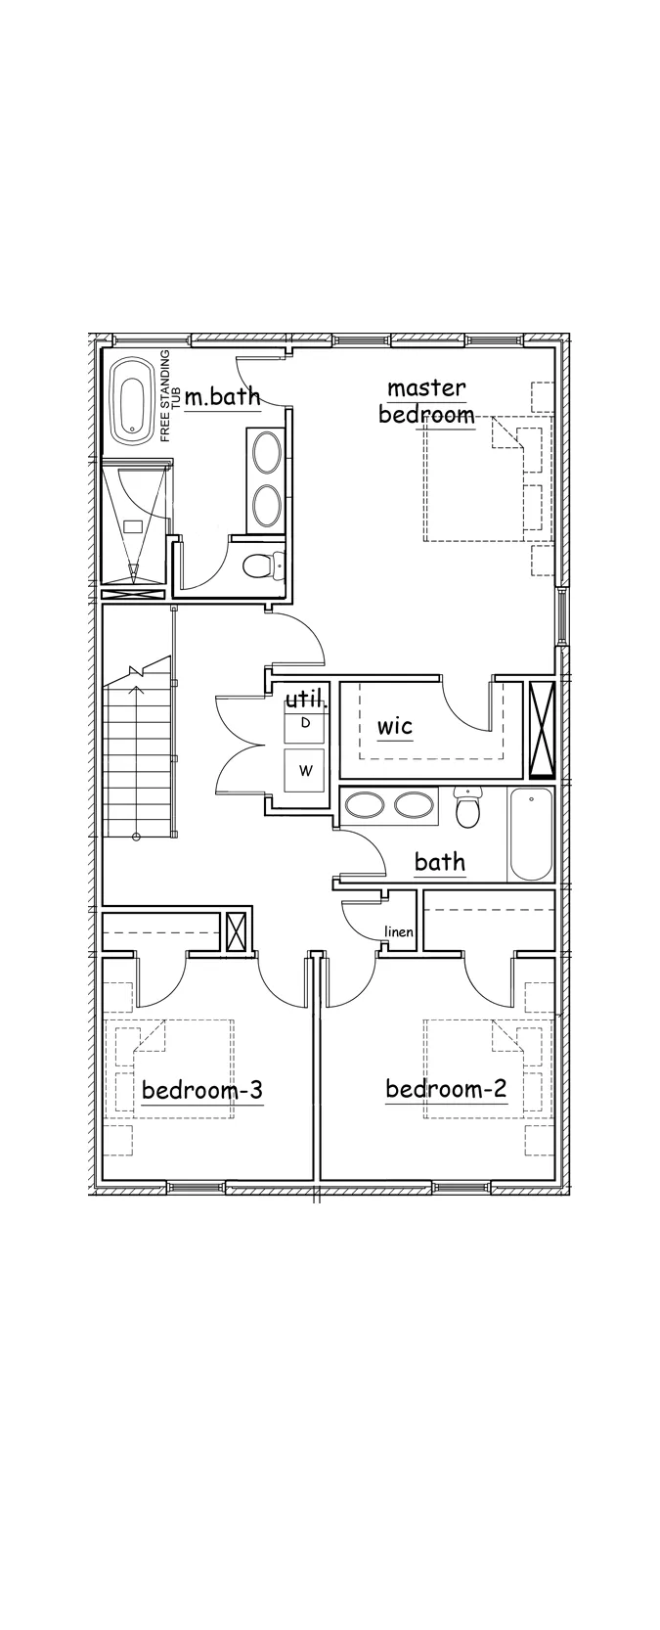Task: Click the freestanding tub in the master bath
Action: [x=131, y=406]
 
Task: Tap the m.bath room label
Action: [x=222, y=396]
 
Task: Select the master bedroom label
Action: [x=426, y=401]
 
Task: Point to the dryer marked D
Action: [x=305, y=723]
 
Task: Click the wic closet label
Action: [x=395, y=726]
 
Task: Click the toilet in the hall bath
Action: [x=465, y=808]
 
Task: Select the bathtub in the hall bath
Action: [x=531, y=835]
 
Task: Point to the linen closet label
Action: [x=399, y=931]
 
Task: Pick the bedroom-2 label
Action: [x=446, y=1089]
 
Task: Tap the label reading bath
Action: [x=440, y=862]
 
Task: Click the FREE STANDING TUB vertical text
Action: [x=169, y=395]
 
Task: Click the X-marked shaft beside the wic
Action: [x=540, y=730]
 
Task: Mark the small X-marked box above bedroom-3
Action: [x=237, y=931]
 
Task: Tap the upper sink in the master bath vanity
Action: [x=267, y=451]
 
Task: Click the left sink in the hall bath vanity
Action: [x=365, y=806]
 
